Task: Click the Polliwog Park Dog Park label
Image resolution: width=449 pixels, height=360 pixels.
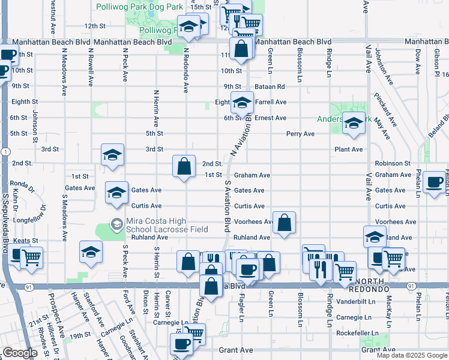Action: [x=139, y=6]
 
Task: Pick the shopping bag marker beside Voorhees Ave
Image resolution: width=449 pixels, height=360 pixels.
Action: [x=285, y=222]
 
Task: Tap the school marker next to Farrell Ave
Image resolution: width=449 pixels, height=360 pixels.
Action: [x=243, y=102]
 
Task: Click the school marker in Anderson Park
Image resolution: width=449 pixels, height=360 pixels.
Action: [x=354, y=123]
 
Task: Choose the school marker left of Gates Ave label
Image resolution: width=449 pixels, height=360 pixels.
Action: [x=116, y=192]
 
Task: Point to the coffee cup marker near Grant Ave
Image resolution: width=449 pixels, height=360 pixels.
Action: [x=180, y=344]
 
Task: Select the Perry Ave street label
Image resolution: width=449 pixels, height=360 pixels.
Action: [x=300, y=134]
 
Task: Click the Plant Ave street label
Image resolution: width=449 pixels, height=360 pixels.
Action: [x=349, y=149]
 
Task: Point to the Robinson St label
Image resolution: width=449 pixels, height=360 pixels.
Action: [x=393, y=163]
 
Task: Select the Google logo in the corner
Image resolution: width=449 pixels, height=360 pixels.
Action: [x=20, y=353]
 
